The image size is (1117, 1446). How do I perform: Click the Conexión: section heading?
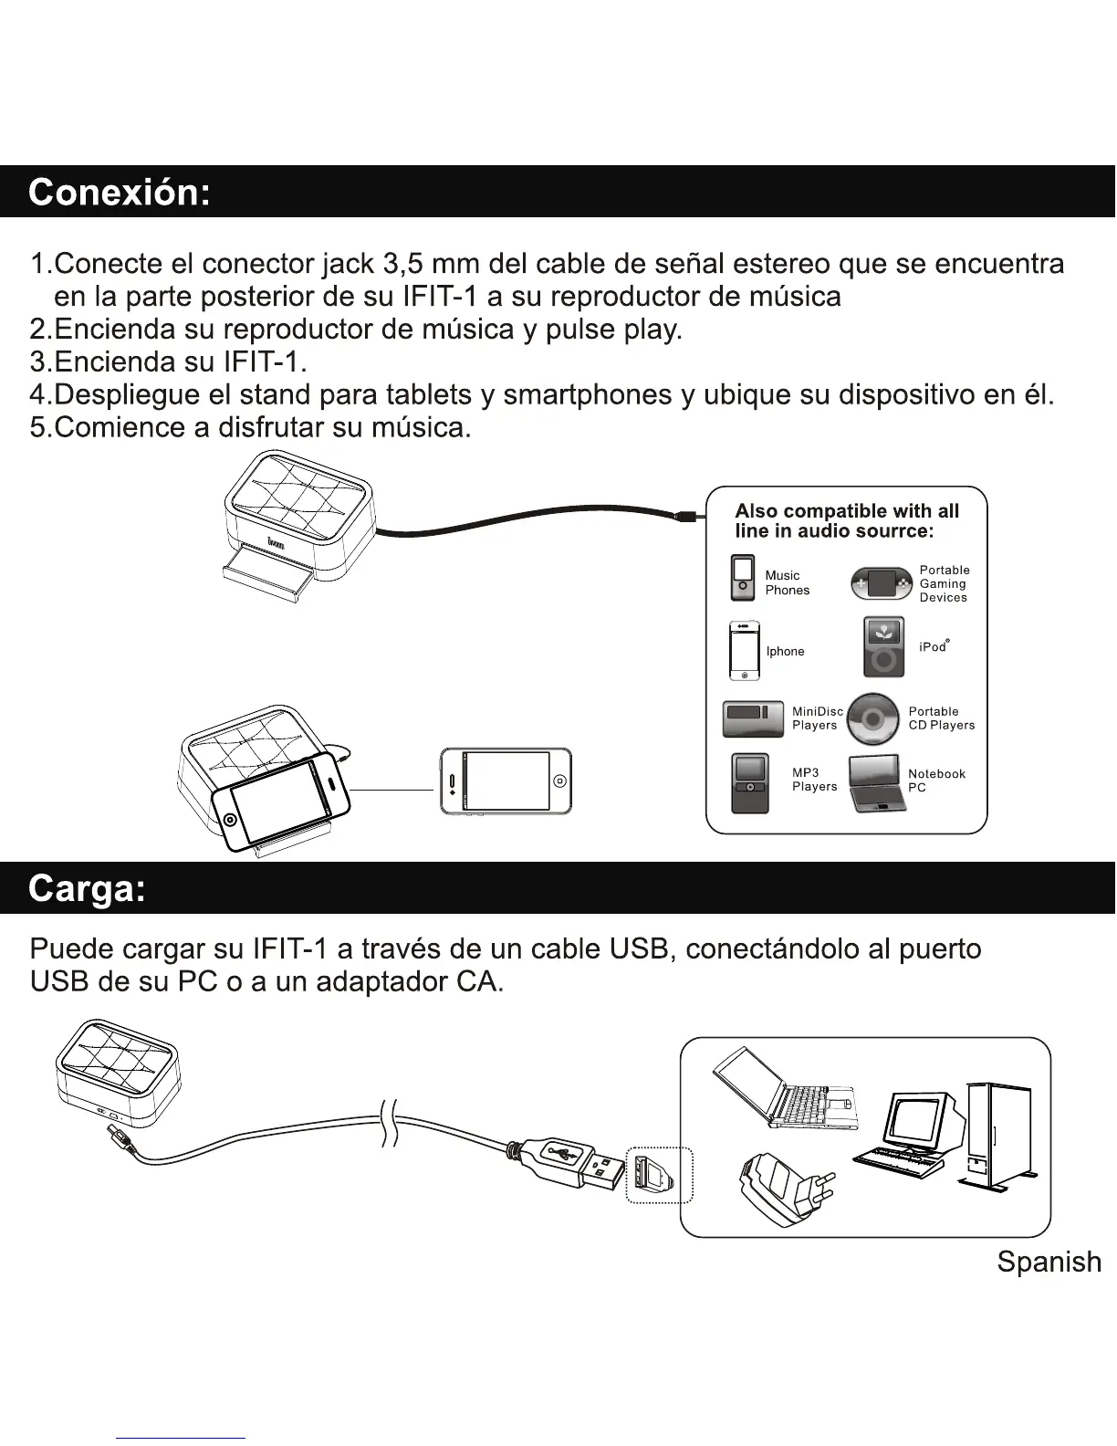tap(120, 193)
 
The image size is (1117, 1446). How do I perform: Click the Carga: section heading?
tap(88, 888)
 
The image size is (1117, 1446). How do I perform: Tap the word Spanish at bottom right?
tap(1049, 1262)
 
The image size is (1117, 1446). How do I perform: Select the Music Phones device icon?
tap(743, 578)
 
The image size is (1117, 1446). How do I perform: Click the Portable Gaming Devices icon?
tap(882, 583)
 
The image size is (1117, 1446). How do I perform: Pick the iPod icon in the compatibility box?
tap(883, 646)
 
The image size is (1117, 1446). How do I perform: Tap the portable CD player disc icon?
tap(872, 719)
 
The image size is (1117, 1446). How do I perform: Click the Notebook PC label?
tap(935, 781)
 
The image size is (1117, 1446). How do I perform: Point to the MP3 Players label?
tap(814, 780)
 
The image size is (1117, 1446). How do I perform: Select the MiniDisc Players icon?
tap(753, 718)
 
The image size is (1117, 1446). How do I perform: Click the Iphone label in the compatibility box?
tap(785, 651)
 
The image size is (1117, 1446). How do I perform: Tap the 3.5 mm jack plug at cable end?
tap(687, 517)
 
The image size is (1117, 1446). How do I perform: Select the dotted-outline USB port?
tap(659, 1176)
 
